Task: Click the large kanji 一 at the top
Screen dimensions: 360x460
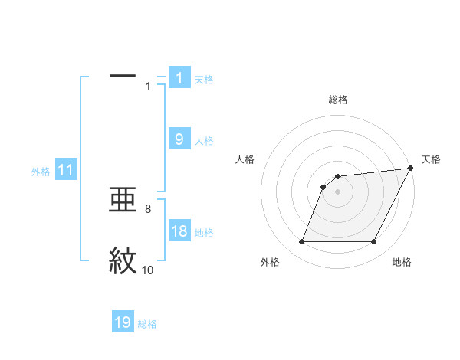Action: (123, 75)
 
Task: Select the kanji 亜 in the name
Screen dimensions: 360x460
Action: (123, 201)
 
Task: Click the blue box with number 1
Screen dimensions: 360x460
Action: (179, 77)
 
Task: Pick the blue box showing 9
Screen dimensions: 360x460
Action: (179, 139)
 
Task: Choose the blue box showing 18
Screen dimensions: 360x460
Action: (179, 232)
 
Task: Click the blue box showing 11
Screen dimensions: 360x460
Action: (66, 171)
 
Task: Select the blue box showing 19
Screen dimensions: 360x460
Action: (123, 323)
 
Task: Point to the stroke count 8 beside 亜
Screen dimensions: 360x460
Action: (147, 208)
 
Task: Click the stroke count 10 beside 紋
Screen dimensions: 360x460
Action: (147, 270)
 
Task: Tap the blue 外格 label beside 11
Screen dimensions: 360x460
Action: (41, 172)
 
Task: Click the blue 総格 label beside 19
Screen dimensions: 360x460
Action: (147, 324)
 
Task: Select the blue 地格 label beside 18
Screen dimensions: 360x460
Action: (204, 233)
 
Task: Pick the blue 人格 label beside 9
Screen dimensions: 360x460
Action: (204, 141)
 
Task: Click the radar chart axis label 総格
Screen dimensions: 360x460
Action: (338, 100)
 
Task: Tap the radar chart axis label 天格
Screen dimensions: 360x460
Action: (431, 159)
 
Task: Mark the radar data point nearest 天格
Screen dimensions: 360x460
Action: (411, 169)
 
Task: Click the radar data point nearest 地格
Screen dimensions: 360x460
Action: (373, 242)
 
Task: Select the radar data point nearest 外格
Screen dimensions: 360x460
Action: (302, 242)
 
